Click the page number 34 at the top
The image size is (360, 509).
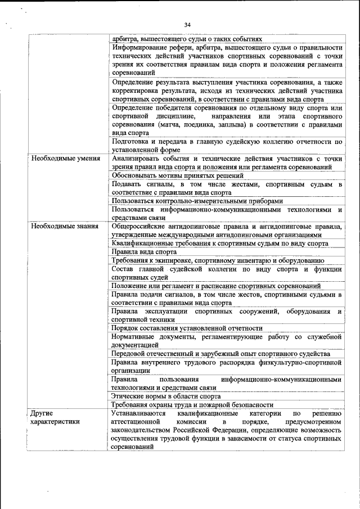(x=187, y=25)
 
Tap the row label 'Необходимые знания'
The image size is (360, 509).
(x=62, y=226)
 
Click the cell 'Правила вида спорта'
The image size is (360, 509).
(x=144, y=252)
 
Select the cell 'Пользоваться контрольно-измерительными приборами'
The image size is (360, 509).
(x=197, y=201)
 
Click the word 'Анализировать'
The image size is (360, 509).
(x=138, y=159)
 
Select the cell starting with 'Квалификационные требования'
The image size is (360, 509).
(x=220, y=244)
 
